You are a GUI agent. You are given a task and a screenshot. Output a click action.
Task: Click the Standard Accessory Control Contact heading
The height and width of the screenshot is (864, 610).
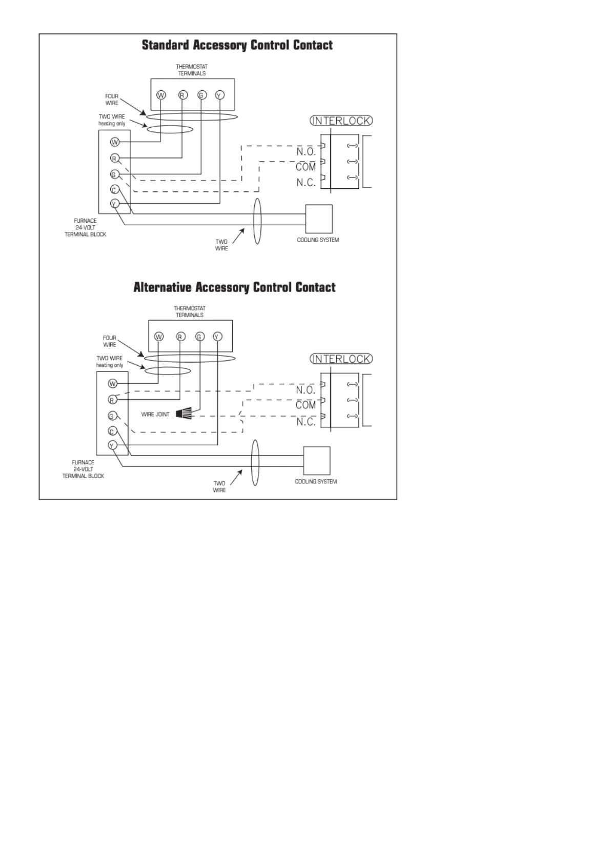point(237,45)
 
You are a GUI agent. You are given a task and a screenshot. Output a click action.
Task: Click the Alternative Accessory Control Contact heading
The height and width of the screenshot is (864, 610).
point(234,287)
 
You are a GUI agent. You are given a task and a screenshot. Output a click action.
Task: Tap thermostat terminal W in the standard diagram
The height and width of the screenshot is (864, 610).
point(161,95)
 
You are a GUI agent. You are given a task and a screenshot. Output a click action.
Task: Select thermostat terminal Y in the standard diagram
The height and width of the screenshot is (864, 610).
point(219,95)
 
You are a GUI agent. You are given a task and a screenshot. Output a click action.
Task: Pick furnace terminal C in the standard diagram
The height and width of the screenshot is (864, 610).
point(115,190)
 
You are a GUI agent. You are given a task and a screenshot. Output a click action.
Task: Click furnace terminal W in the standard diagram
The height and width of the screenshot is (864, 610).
point(115,142)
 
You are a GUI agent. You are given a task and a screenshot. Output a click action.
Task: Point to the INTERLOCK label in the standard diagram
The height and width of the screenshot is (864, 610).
point(341,121)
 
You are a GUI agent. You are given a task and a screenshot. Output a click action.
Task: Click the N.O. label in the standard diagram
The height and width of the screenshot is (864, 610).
point(306,152)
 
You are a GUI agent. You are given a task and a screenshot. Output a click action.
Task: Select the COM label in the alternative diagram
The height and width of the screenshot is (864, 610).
point(306,405)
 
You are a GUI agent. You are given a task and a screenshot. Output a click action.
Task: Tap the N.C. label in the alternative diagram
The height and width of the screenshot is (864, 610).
point(306,422)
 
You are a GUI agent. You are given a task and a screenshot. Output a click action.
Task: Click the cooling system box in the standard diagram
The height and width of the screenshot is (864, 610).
point(318,219)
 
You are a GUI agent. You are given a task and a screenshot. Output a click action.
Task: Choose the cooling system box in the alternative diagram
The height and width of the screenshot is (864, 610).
point(316,461)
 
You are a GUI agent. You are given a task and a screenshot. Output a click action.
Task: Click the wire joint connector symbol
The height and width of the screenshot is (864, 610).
point(183,413)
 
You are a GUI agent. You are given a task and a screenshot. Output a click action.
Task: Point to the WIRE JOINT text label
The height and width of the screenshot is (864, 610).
point(155,415)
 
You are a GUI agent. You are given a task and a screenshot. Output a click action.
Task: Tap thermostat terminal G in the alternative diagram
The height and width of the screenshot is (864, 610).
point(199,337)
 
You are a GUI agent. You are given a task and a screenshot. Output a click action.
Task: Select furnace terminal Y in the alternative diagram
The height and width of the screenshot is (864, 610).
point(113,445)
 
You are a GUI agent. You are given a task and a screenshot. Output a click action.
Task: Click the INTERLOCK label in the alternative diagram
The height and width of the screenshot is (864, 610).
point(341,359)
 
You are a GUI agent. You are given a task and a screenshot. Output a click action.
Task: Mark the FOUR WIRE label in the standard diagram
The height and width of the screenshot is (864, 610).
point(112,100)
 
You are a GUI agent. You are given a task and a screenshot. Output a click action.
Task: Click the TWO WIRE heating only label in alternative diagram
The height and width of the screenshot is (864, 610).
point(110,362)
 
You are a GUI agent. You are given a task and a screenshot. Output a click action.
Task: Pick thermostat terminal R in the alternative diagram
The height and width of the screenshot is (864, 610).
point(180,337)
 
